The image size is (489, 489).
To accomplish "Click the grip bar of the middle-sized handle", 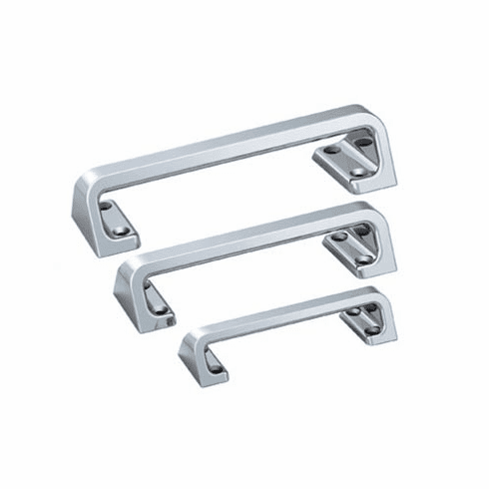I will tap(249, 235).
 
